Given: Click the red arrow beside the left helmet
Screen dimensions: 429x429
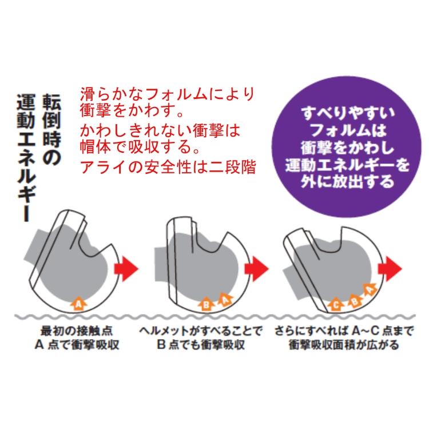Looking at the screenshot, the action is (x=126, y=269).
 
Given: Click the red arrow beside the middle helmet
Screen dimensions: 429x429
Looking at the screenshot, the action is (x=256, y=269).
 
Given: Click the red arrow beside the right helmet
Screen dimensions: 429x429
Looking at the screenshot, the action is (x=390, y=269).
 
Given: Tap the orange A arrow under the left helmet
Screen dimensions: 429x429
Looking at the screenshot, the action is (x=78, y=303).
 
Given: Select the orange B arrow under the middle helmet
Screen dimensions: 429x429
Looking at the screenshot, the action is (x=206, y=303).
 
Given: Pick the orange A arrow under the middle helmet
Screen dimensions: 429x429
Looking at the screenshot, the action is (x=225, y=300).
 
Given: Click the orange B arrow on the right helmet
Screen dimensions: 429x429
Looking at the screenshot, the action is (x=355, y=300).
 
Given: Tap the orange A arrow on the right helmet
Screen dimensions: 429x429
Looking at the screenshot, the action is (x=370, y=290).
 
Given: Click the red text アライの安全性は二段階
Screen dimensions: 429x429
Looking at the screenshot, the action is (x=168, y=166).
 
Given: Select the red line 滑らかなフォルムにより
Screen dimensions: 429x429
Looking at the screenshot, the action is (x=168, y=94).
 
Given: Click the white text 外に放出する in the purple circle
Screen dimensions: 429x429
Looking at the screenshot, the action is (x=347, y=181).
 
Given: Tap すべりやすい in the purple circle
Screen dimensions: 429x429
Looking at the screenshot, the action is (x=348, y=113).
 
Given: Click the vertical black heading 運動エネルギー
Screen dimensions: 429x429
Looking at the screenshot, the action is (x=26, y=158).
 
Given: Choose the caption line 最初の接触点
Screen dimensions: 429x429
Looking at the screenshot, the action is (x=77, y=331).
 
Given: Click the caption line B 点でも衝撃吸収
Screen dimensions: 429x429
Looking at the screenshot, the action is (x=201, y=344).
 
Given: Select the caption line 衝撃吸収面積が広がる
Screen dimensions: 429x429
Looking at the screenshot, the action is (x=344, y=344).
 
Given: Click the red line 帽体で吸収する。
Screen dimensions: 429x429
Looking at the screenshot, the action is (x=140, y=147).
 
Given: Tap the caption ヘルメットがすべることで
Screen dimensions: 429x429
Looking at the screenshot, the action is (x=201, y=331).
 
